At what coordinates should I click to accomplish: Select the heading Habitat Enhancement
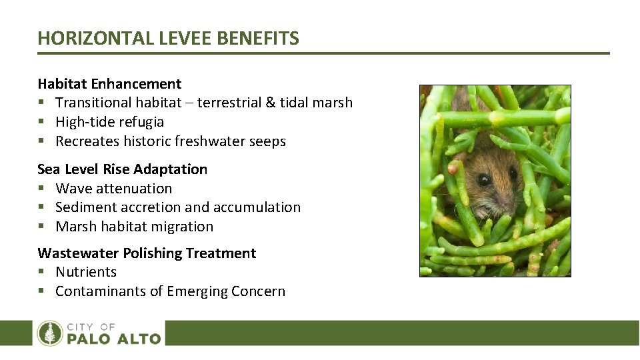(109, 84)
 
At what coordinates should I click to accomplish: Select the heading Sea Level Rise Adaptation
(122, 169)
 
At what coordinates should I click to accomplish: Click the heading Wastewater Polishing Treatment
(147, 253)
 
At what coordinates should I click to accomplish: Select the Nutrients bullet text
(86, 272)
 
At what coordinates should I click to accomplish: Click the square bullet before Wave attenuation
(41, 189)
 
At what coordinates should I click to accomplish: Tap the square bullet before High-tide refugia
(41, 123)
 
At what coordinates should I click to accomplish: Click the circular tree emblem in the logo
(50, 333)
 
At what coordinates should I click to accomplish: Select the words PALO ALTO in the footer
(114, 339)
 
